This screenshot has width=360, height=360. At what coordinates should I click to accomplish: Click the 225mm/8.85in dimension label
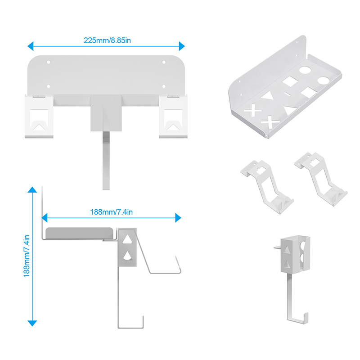(107, 40)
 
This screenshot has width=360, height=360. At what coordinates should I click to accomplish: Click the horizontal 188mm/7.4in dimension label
(111, 212)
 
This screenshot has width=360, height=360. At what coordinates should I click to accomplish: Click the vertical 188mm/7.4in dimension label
(27, 256)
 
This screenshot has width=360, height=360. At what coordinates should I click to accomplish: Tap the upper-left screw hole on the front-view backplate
(49, 62)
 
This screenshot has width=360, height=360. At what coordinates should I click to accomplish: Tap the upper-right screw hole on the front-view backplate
(164, 62)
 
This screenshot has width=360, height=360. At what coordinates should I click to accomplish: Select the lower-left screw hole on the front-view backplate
(49, 86)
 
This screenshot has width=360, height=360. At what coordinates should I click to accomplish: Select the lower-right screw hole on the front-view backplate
(164, 86)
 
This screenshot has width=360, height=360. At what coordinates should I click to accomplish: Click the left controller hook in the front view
(39, 117)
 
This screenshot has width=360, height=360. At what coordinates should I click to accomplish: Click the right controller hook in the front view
(173, 117)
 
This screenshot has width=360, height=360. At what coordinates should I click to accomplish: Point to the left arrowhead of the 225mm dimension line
(30, 46)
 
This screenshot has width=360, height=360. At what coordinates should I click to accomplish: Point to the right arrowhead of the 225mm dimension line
(182, 46)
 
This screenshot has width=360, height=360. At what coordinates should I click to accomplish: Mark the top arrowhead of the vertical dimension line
(32, 189)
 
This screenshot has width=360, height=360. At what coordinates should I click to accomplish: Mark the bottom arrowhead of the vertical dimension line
(32, 323)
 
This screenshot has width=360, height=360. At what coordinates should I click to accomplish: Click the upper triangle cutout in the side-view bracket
(127, 239)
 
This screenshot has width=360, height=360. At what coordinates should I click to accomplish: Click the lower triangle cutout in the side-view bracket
(127, 256)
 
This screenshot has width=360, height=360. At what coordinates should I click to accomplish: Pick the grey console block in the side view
(80, 233)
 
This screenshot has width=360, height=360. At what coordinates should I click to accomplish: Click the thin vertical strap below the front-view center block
(106, 161)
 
